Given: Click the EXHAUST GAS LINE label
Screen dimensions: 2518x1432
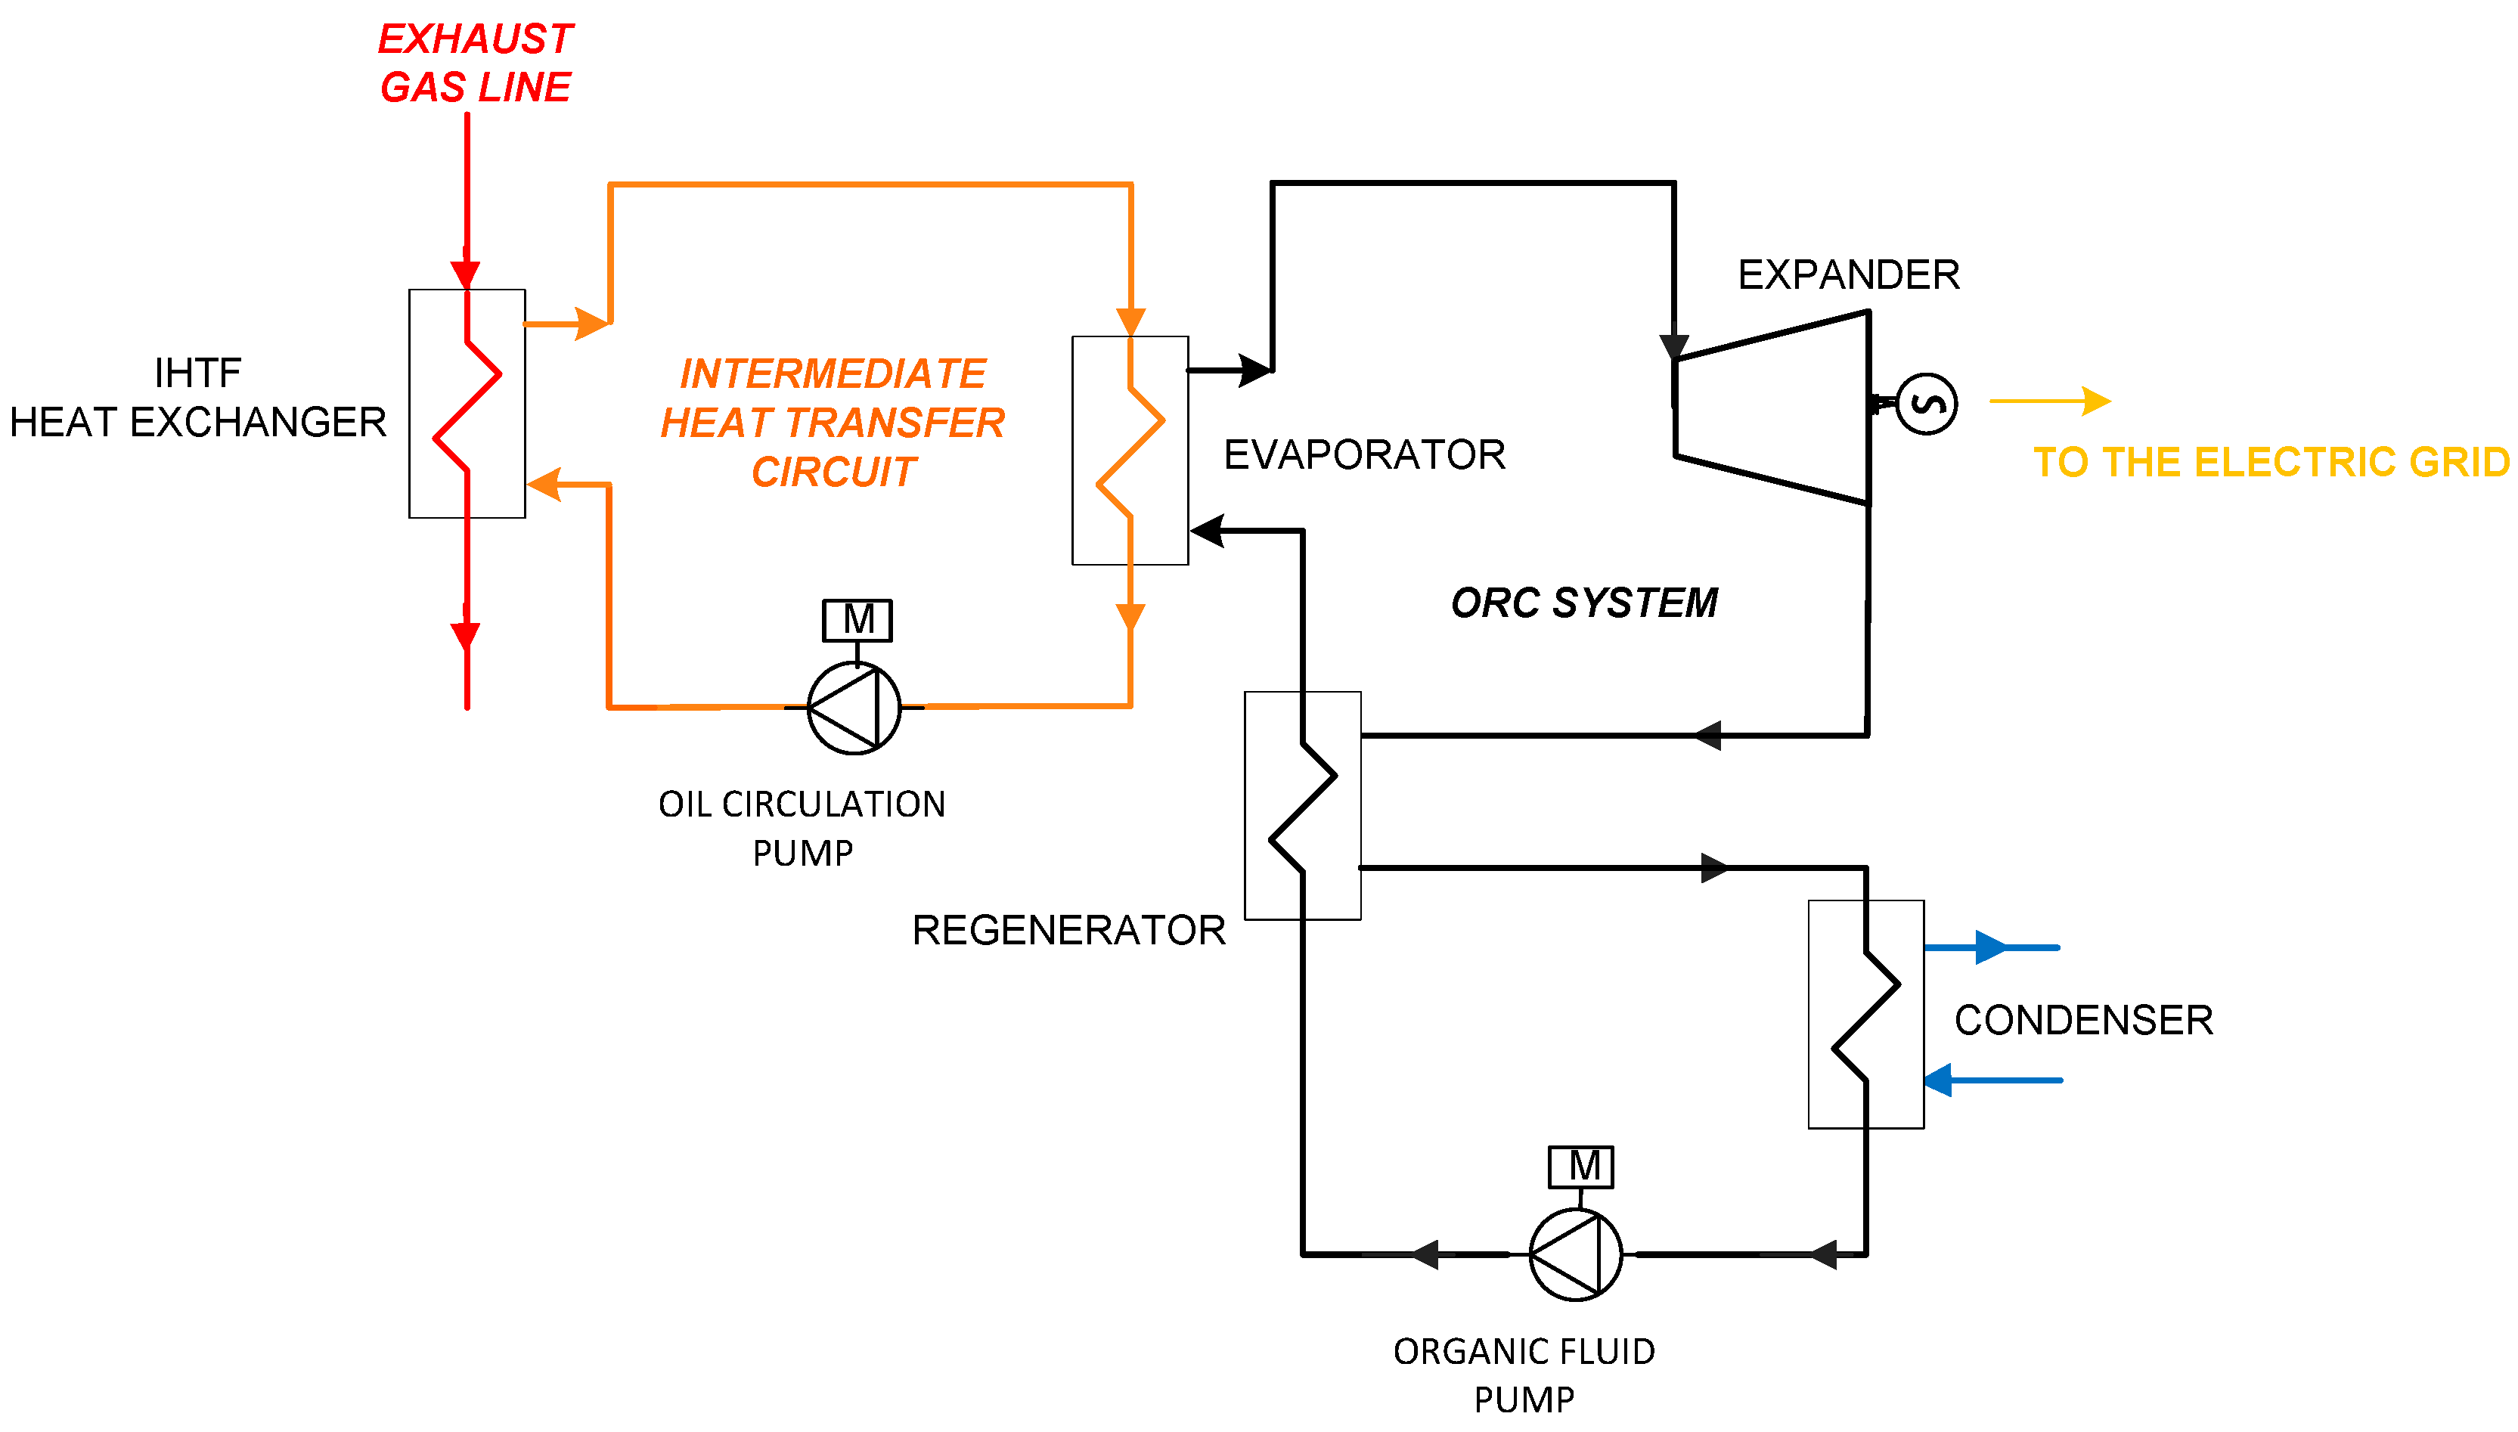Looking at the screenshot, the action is (475, 63).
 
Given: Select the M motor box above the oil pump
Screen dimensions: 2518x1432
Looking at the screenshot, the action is (857, 621).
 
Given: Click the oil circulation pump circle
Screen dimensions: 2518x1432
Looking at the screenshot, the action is (854, 708).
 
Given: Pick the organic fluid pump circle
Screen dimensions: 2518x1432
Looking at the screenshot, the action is (1576, 1255).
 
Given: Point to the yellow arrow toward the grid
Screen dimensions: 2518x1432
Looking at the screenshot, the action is (2051, 401).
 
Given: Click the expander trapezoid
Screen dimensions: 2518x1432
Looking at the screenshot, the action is (1772, 408).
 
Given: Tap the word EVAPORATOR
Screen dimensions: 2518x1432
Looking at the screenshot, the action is (1364, 454).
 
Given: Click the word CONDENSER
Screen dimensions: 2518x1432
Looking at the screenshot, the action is (2084, 1020).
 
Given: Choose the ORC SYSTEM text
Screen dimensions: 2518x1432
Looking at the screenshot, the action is (1585, 603).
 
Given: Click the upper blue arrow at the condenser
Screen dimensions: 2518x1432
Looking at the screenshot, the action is (1992, 947).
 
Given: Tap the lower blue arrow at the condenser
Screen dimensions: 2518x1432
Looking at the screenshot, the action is (1992, 1080).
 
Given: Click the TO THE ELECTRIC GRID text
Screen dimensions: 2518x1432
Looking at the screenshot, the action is (2272, 462).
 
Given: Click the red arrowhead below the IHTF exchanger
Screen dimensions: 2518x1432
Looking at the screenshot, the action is (465, 637).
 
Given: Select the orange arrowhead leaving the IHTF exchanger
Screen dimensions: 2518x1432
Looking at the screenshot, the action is (591, 324).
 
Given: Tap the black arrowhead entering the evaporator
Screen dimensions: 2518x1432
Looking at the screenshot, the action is (1207, 531).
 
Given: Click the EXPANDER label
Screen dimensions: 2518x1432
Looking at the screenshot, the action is (1849, 274).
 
